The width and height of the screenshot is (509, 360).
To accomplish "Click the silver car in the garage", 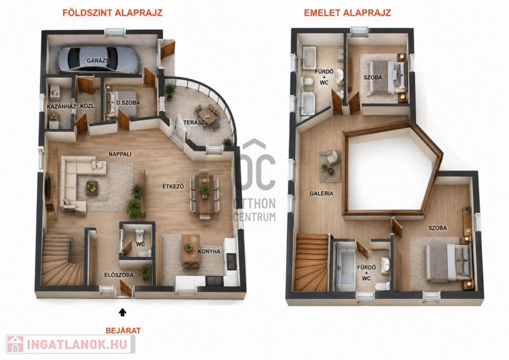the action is [x=99, y=60].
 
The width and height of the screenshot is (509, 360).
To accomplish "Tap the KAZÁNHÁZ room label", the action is [x=61, y=106].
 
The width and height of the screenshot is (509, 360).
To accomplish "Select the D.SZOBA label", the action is [x=129, y=102].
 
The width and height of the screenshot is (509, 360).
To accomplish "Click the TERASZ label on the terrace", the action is [x=194, y=122].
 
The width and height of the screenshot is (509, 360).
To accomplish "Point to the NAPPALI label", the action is [x=120, y=154].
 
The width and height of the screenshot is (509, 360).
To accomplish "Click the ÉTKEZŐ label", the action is [x=173, y=186].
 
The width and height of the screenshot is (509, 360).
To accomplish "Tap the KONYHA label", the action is [x=209, y=251].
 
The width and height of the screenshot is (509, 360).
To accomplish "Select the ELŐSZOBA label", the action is [x=119, y=275].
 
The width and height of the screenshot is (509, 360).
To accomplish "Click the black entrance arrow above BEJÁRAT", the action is [x=122, y=312].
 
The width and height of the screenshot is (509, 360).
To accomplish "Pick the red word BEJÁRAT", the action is [x=123, y=331].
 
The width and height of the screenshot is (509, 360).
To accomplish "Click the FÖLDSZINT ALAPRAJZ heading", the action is [x=113, y=13].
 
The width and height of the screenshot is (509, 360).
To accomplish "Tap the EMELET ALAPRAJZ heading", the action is [x=347, y=13].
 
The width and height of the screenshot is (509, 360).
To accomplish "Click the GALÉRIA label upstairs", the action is [x=321, y=193].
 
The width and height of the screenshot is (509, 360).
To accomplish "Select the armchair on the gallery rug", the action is [x=332, y=158].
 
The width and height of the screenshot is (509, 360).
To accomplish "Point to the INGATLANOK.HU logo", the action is [x=71, y=344].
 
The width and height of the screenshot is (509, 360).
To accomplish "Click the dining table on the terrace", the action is [x=207, y=116].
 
